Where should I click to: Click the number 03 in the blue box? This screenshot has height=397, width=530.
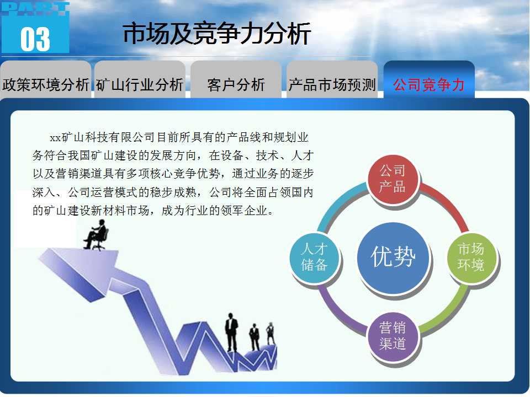tap(35, 39)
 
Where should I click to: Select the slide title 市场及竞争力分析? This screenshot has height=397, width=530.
tap(216, 34)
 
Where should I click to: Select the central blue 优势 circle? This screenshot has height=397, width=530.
tap(393, 257)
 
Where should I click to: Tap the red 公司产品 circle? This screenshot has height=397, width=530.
tap(393, 179)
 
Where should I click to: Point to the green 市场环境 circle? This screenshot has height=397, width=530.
tap(472, 257)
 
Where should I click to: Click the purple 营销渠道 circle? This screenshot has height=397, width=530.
tap(393, 336)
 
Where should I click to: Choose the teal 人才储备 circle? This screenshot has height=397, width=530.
tap(314, 257)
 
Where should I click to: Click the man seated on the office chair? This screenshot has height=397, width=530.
tap(96, 235)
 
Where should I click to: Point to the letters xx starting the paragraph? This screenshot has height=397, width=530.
tap(55, 138)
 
